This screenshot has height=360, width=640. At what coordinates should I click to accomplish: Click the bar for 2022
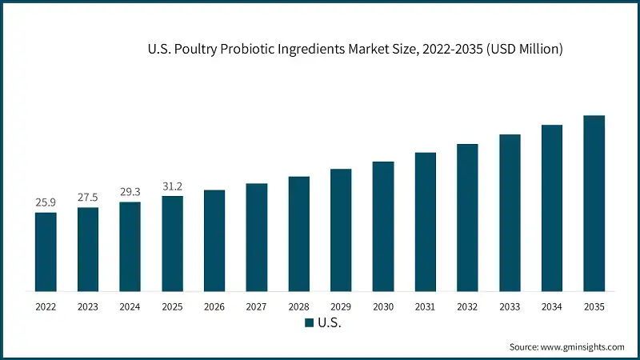pos(46,251)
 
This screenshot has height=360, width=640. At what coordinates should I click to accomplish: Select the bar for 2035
pos(594,203)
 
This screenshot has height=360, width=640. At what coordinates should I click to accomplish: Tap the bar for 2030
pos(383,226)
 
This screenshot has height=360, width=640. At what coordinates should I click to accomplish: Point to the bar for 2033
pos(510,213)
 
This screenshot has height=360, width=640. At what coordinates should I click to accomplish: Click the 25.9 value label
pos(46,202)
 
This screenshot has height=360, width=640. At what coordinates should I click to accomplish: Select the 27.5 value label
pos(88,198)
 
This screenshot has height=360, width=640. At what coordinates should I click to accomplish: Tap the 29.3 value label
pos(130,192)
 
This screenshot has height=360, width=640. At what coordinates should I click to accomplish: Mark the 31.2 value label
pos(172,186)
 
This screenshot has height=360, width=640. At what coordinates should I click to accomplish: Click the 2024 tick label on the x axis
pos(130,306)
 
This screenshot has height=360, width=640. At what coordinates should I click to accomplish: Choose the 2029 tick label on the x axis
pos(341,306)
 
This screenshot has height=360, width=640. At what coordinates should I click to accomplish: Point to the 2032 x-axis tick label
pos(467,306)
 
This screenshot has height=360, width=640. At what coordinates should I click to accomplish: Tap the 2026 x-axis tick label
pos(214,306)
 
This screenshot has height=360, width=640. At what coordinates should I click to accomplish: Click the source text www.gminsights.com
pos(581,347)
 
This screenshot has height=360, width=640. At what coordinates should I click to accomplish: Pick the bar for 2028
pos(298,234)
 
